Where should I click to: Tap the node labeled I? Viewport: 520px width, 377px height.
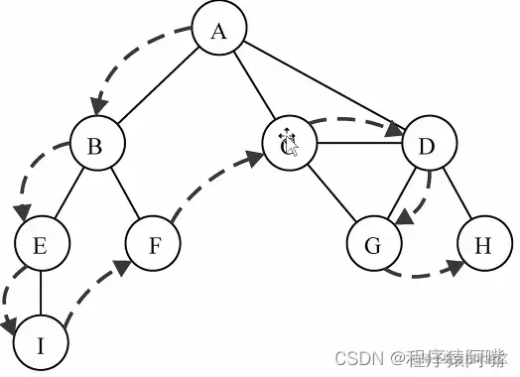pos(41,344)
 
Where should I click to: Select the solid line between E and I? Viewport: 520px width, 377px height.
pos(41,296)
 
